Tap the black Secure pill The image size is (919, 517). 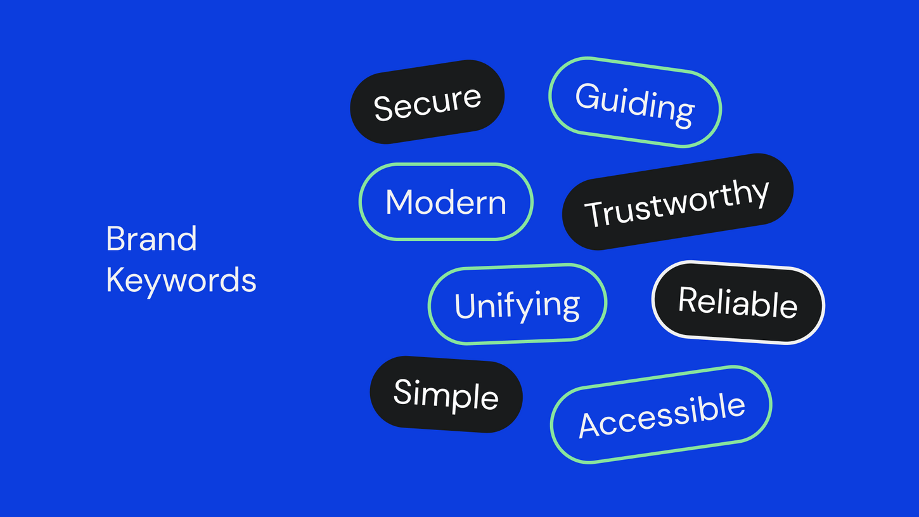[x=427, y=102]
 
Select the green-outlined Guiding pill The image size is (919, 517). [x=635, y=102]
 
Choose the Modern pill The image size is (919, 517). [x=446, y=202]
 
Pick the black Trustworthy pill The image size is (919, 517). [x=678, y=202]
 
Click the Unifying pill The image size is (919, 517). [x=517, y=304]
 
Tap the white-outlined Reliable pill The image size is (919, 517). [x=738, y=303]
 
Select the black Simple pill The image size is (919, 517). [x=446, y=394]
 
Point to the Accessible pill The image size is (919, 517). [x=661, y=415]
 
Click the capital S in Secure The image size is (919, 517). [x=383, y=108]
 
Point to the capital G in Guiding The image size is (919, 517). [x=586, y=96]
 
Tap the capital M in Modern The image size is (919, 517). [x=399, y=202]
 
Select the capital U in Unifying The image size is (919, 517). [x=465, y=306]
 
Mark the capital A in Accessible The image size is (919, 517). [x=590, y=425]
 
